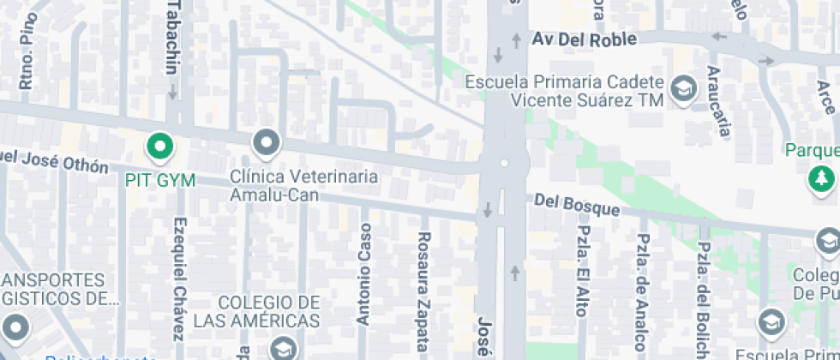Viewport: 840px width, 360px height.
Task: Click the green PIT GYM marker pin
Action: (x=159, y=147)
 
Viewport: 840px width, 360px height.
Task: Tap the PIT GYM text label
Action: (x=160, y=181)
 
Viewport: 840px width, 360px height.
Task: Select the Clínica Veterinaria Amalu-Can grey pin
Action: (x=267, y=143)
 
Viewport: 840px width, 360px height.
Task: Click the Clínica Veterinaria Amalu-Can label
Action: (x=304, y=185)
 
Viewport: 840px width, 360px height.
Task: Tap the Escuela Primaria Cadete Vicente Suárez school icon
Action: (x=683, y=89)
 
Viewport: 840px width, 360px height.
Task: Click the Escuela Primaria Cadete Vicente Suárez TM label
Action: (x=565, y=92)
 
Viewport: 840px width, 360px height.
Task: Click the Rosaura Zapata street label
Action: (x=423, y=291)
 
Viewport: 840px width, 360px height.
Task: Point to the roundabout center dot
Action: (x=503, y=162)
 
